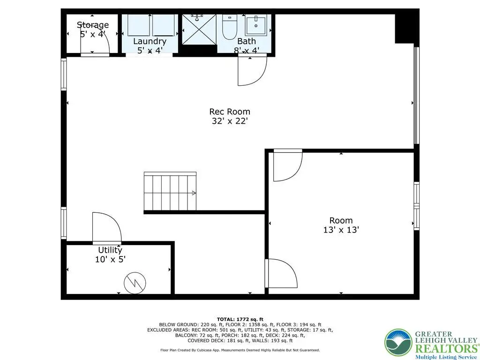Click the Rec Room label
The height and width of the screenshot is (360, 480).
click(230, 112)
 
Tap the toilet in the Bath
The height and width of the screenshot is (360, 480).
click(230, 27)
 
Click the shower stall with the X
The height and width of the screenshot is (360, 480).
click(199, 29)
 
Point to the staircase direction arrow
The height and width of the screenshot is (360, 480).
click(194, 193)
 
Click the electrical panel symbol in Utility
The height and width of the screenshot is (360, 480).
click(135, 283)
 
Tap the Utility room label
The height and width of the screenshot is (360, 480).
click(110, 250)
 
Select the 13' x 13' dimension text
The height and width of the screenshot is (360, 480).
click(341, 230)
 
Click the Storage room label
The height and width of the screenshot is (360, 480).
click(93, 24)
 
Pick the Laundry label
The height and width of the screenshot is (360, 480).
click(150, 41)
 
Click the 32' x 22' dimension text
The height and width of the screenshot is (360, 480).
click(230, 121)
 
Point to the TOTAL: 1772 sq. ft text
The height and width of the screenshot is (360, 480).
click(240, 319)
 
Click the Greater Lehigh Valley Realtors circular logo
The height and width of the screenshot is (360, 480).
click(398, 342)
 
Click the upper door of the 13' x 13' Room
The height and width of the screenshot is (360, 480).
click(288, 165)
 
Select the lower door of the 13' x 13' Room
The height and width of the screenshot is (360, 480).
click(281, 273)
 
